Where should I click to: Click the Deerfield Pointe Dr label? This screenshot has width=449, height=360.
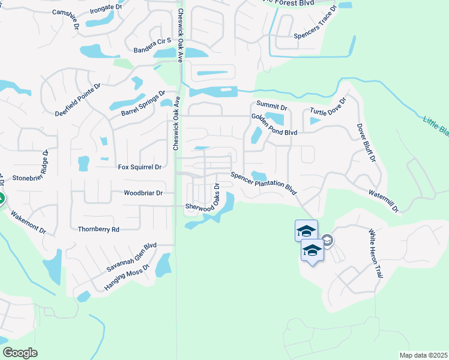pos(78,103)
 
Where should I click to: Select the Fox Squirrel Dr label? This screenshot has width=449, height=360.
pos(140,167)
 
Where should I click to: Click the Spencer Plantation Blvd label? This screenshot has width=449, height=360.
pos(264,183)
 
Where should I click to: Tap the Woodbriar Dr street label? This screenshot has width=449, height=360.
pos(143,193)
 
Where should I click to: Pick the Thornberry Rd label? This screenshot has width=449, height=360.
pos(98,229)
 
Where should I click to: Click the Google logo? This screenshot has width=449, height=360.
pos(20,352)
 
